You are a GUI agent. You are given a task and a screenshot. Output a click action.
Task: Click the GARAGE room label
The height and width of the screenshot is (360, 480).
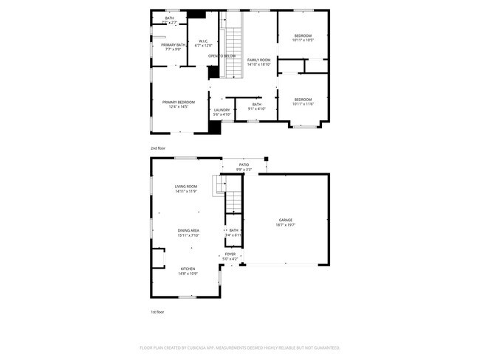pos(285,220)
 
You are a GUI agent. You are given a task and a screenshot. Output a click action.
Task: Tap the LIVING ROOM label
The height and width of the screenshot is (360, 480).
pos(185,187)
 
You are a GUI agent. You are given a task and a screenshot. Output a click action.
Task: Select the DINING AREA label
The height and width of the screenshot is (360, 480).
pos(188,231)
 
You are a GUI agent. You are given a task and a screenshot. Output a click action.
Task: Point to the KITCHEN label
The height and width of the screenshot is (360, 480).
pos(188,269)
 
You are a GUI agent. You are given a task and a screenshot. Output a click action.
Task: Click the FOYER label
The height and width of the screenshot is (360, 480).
pos(230,254)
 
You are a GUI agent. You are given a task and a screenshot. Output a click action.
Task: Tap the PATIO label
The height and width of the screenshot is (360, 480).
pos(243,165)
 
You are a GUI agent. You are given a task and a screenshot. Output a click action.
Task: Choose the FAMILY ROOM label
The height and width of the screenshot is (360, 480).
pos(258,59)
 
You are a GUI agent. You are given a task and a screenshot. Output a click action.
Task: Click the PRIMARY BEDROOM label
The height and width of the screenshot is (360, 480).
pos(179,102)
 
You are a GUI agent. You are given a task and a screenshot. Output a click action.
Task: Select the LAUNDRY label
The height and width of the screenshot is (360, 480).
pos(222,110)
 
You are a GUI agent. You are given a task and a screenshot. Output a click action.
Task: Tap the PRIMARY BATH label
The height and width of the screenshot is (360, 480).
pos(168,45)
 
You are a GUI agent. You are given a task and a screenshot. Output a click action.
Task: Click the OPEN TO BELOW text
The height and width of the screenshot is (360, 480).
pos(222,56)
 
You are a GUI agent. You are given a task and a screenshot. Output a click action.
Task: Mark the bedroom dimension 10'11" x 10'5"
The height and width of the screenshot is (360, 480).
pos(303,40)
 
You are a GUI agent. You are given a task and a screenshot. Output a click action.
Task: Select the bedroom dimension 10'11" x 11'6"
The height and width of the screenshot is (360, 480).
pos(303,104)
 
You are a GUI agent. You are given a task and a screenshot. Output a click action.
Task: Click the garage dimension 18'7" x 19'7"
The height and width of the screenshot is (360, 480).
pos(285,225)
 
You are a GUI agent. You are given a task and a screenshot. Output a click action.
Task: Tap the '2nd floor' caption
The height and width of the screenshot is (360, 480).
pos(158,148)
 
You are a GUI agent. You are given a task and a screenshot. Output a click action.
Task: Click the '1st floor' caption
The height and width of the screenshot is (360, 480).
pos(157,312)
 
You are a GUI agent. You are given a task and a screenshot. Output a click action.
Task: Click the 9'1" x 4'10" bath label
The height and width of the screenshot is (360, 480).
pos(256,109)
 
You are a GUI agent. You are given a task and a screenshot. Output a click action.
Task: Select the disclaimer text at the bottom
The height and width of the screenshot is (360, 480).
pos(239,347)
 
